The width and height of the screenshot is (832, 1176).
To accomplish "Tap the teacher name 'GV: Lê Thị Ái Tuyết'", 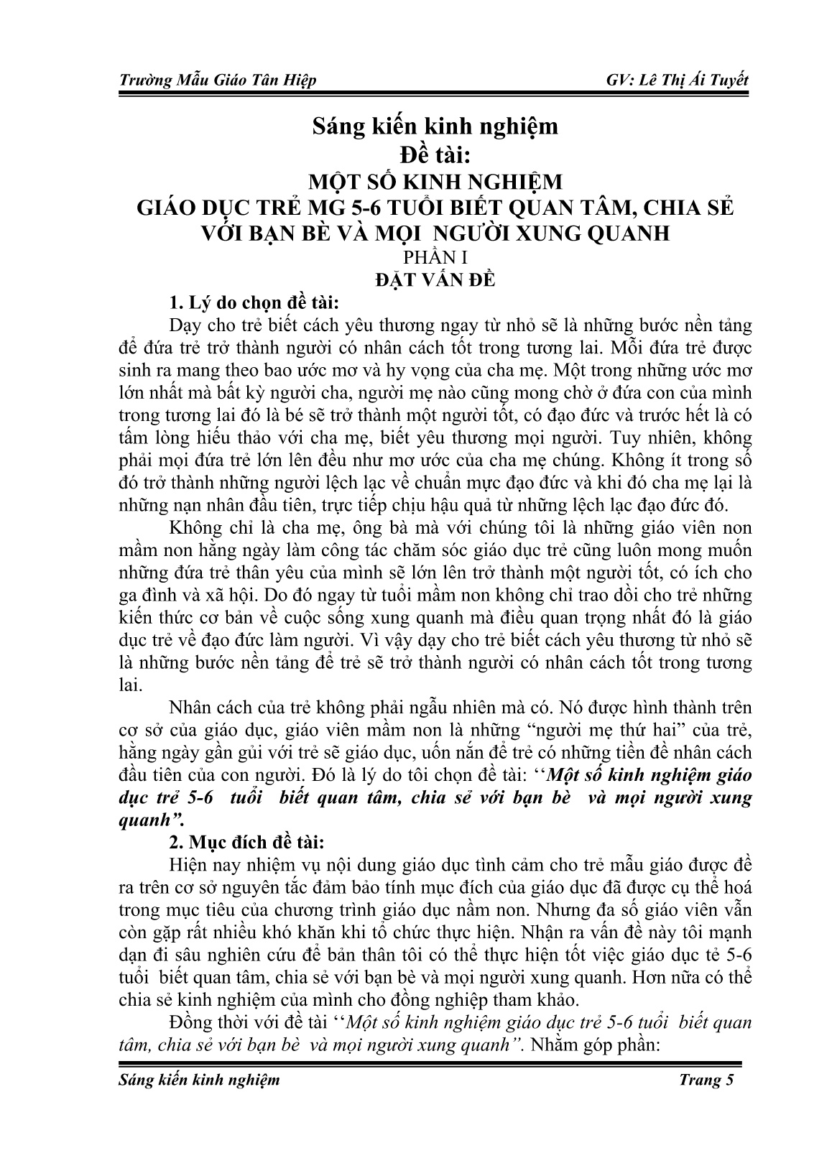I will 678,80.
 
